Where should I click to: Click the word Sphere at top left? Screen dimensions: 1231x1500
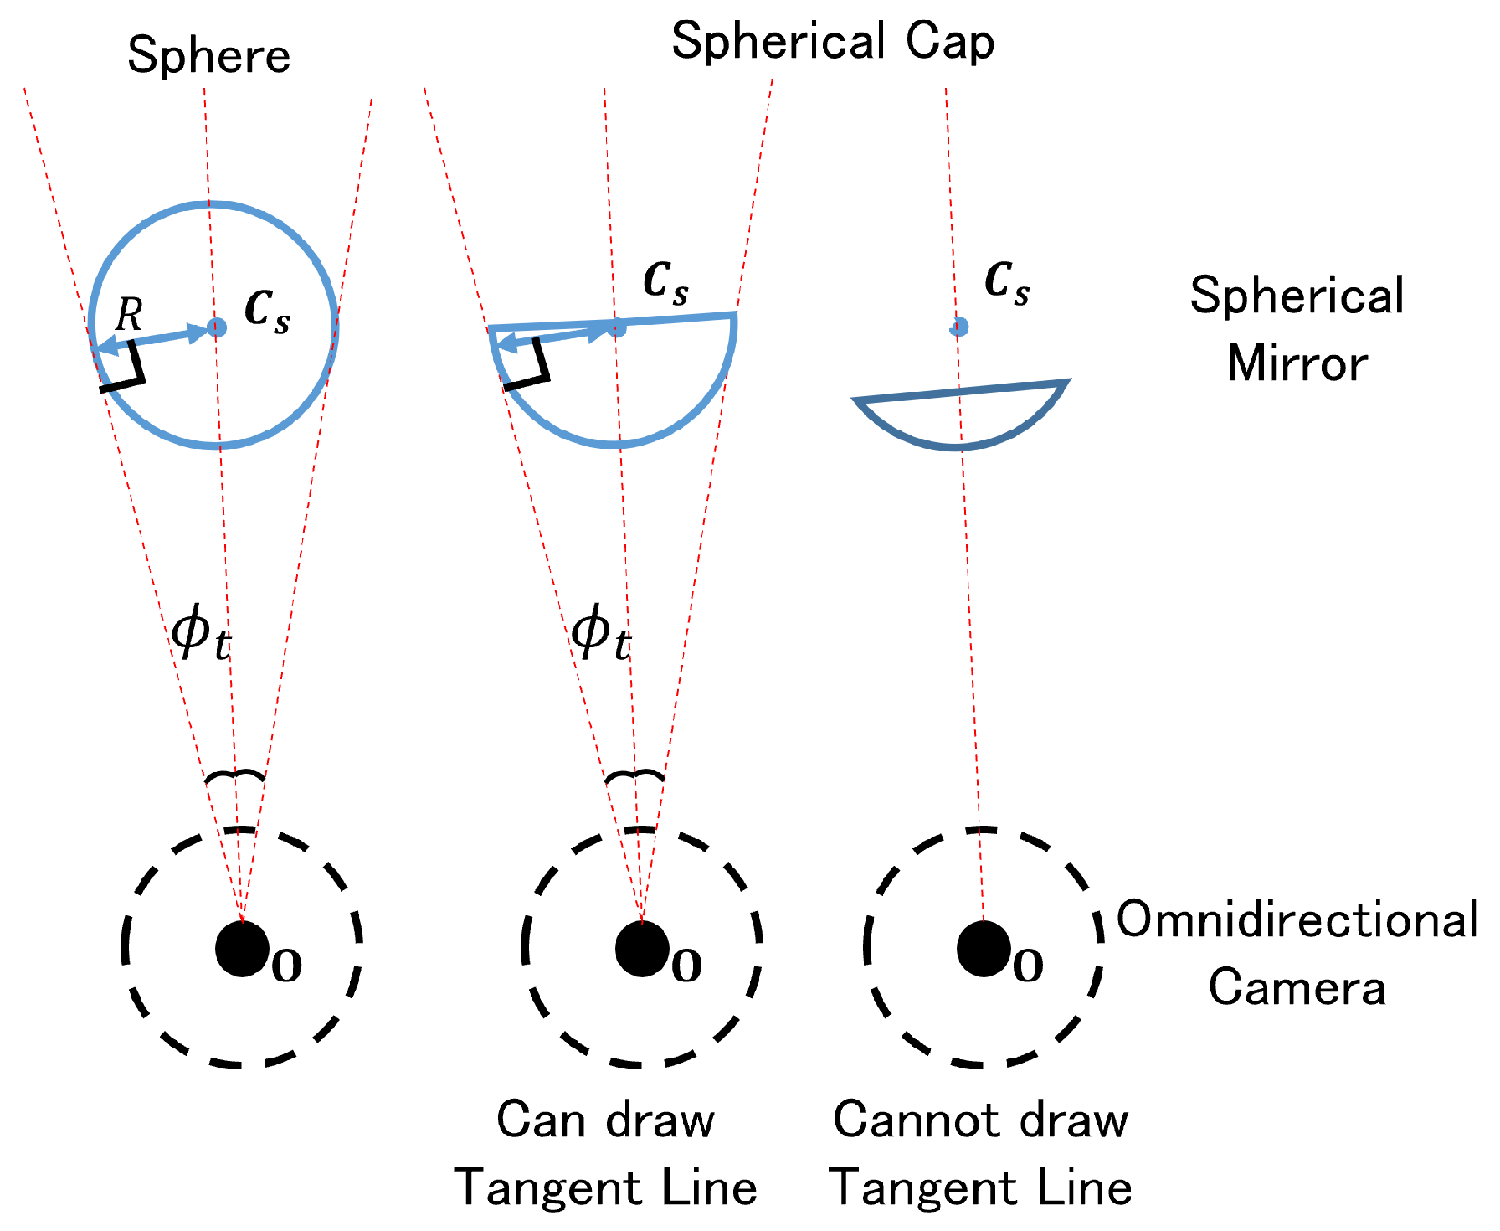(208, 57)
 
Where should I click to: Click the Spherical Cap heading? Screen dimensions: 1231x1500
(832, 42)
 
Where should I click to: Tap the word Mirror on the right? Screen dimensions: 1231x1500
(1297, 363)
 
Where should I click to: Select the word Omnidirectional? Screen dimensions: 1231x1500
(1297, 919)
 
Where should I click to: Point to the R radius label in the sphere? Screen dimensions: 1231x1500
(129, 315)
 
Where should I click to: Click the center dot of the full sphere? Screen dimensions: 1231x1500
(217, 327)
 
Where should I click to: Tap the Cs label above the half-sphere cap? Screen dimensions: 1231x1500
(665, 282)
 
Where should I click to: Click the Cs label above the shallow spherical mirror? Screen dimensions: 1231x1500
(1007, 282)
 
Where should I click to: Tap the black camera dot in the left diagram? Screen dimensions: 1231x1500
(242, 949)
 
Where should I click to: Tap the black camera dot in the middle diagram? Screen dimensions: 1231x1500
(641, 949)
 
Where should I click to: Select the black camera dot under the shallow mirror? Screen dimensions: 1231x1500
(983, 949)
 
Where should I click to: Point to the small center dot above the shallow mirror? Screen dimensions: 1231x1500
(959, 327)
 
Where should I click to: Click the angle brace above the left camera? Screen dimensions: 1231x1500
(235, 776)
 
